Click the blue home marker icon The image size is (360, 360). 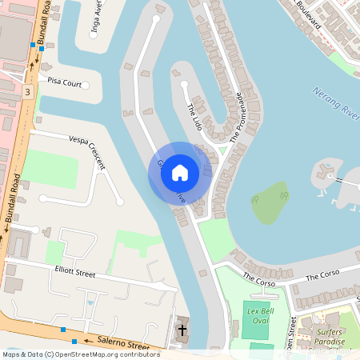180,173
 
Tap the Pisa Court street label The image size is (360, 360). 65,82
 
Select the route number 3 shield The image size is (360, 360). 28,92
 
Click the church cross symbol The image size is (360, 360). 182,329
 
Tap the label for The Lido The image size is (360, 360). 194,117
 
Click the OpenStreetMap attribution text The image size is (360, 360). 80,354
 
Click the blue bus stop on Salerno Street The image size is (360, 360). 63,329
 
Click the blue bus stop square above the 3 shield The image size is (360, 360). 32,47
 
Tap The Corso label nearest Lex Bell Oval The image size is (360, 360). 258,281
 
